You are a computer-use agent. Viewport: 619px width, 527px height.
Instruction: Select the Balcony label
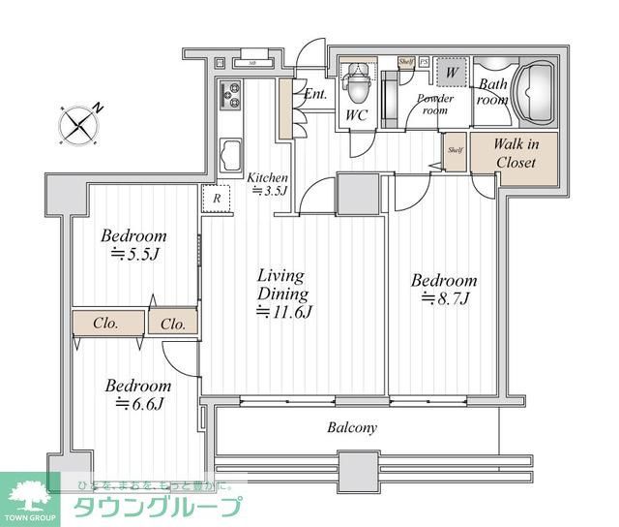352,426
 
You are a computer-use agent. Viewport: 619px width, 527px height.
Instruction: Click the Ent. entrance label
314,95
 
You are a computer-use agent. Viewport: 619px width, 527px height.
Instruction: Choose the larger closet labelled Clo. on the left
106,323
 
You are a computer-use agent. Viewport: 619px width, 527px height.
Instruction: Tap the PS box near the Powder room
423,61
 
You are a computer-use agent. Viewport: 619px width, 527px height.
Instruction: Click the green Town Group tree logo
32,496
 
